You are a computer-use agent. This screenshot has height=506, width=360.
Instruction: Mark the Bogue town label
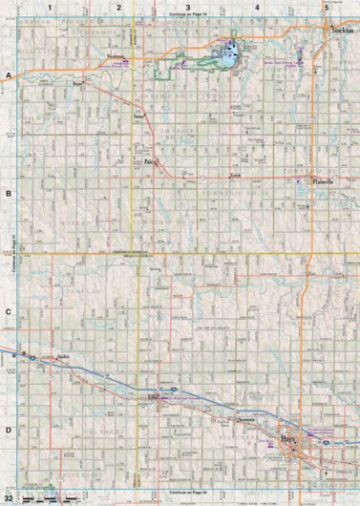77,84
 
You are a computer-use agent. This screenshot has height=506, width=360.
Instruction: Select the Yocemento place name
245,421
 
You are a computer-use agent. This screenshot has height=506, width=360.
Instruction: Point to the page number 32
9,497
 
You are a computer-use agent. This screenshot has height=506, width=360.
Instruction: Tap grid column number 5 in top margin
326,8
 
